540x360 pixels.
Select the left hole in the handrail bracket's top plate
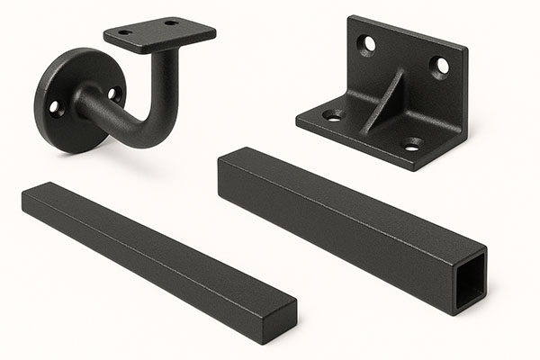125,32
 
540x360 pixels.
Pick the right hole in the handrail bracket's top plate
171,22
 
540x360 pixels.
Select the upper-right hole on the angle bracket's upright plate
440,65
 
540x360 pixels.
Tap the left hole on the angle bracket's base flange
333,115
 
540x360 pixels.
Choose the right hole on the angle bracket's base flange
411,144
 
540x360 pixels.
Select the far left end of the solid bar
24,197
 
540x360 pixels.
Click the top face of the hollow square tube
351,198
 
